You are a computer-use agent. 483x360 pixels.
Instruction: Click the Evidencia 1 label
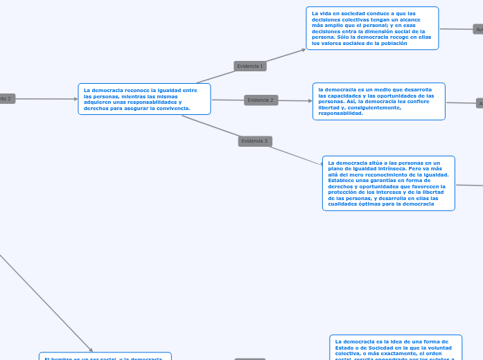(250, 66)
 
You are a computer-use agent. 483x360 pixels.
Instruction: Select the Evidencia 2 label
(261, 100)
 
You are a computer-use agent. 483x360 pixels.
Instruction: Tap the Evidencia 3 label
(254, 141)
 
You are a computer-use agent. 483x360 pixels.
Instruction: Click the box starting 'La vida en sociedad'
(372, 28)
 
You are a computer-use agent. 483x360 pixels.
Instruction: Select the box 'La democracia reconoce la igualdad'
(144, 99)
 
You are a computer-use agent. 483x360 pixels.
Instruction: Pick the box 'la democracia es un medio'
(378, 101)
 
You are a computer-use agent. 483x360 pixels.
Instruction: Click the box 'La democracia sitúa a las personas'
(388, 183)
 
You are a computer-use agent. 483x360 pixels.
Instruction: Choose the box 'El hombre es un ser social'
(105, 357)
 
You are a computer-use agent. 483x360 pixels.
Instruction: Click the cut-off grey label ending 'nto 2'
(6, 99)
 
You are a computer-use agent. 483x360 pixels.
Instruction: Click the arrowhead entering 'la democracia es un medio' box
(309, 101)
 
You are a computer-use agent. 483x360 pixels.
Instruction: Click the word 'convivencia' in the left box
(175, 109)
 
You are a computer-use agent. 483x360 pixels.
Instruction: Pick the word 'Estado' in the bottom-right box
(343, 348)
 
